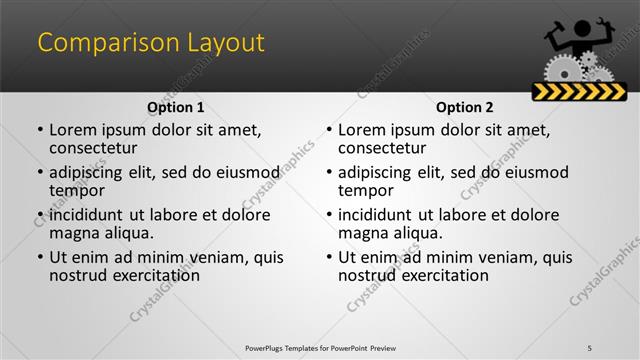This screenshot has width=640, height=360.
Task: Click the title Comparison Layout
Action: click(151, 43)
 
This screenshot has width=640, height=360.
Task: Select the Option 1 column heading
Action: click(175, 107)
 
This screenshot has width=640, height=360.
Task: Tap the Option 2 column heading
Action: click(464, 107)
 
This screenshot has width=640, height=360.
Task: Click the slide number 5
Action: click(603, 347)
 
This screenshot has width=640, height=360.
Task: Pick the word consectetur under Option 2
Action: click(382, 148)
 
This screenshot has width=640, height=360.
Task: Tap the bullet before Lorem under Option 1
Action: click(40, 130)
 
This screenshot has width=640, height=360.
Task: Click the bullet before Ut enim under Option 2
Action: click(329, 257)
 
